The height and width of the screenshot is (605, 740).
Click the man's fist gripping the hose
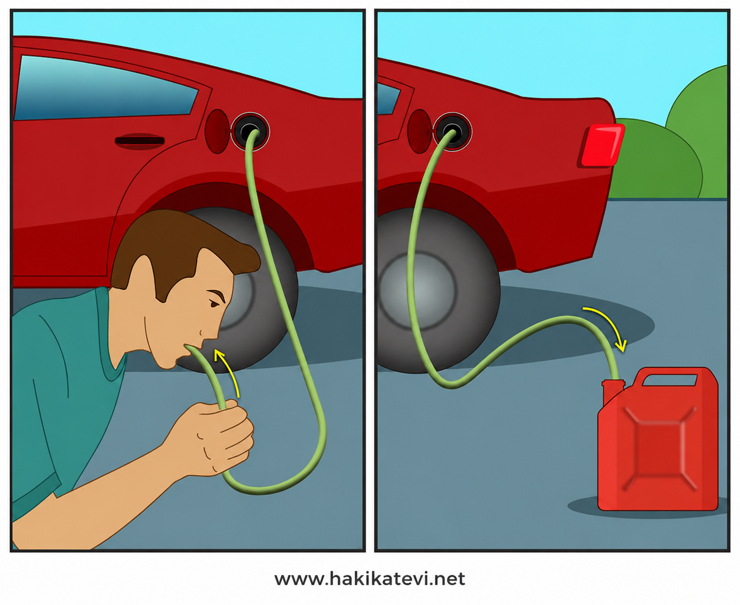pos(218,437)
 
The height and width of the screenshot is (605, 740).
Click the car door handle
pos(140,141)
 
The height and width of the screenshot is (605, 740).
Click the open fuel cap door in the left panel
pos(217,131)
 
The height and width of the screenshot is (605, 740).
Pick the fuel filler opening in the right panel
pos(452,132)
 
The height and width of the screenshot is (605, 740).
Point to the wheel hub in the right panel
pos(418,291)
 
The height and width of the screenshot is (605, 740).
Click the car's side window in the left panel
pos(105,87)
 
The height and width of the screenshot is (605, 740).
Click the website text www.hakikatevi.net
pos(370,579)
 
